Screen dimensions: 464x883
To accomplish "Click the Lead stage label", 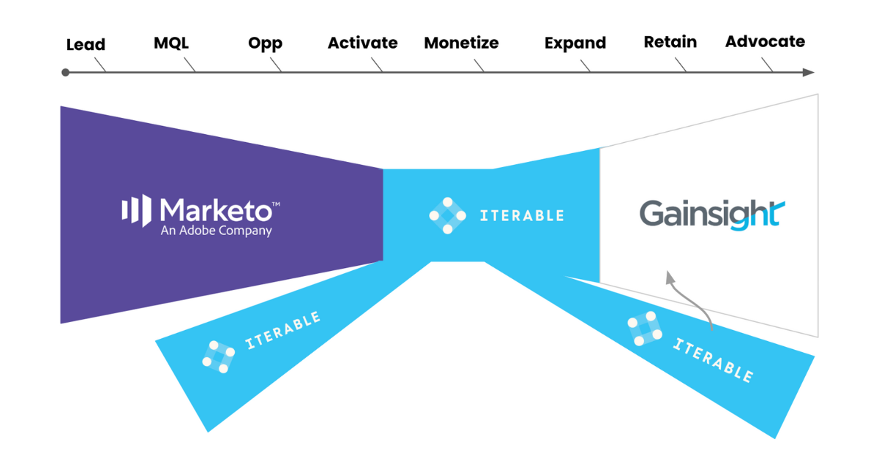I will coord(85,45).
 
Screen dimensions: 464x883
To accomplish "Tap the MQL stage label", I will coord(171,43).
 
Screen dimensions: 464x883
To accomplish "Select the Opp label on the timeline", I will coord(265,43).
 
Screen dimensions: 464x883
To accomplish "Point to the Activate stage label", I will coord(363,43).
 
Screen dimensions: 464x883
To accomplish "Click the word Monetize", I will coord(461,43).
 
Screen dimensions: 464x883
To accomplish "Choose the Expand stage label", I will coord(575,43).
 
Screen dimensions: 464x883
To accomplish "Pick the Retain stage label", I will coord(670,42).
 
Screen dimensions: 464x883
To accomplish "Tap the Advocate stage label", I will coord(765,42).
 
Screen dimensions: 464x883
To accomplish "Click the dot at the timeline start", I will coord(65,72).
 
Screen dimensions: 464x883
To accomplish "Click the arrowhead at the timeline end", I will coord(809,72).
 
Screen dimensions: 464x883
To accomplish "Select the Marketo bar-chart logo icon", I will coord(136,209).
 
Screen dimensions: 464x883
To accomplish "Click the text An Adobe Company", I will coord(216,231).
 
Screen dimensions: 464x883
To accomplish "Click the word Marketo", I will coord(219,210).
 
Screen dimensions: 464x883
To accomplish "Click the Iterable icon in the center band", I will coord(447,215).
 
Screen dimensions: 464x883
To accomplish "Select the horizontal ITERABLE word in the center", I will coord(522,216).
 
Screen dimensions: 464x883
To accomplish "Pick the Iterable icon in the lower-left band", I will coord(218,356).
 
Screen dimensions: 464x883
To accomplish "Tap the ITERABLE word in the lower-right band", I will coord(712,360).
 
